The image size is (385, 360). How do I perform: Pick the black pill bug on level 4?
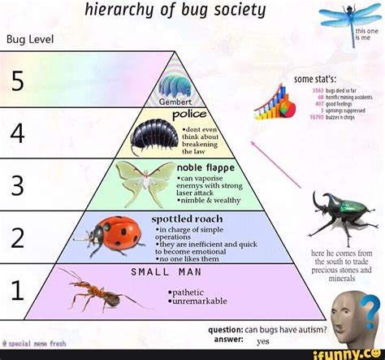(x=153, y=135)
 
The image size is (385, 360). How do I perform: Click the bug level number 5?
(x=18, y=81)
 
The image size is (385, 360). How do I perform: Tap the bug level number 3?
(x=17, y=185)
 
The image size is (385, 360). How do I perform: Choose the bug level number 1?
(x=17, y=288)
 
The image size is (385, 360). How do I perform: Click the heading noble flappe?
(x=205, y=167)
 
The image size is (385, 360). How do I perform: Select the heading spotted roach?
(x=187, y=219)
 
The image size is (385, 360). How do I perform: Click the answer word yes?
(x=263, y=342)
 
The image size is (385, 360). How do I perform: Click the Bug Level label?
(x=30, y=38)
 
